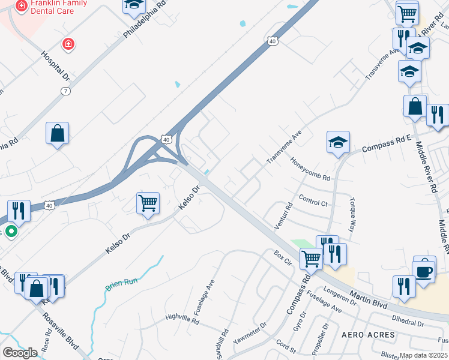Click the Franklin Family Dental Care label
pos(57,7)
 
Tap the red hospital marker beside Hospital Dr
pos(69,44)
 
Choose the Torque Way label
pos(353,209)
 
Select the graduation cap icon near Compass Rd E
pos(338,143)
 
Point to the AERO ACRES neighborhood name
pos(369,334)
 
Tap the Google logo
pos(20,352)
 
